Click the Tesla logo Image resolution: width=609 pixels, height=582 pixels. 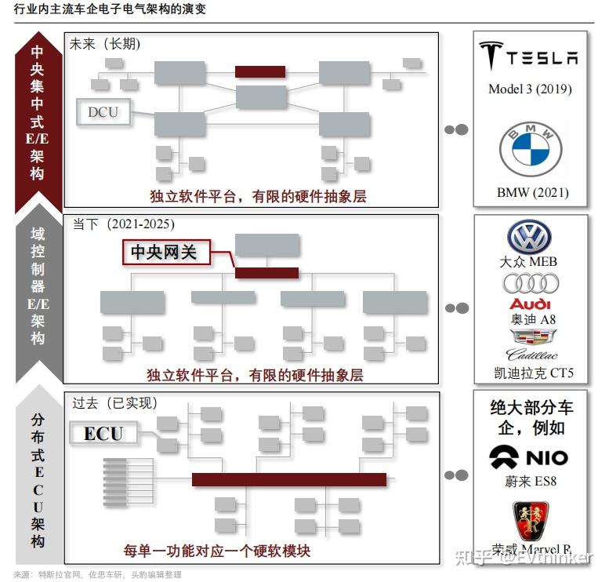pos(529,57)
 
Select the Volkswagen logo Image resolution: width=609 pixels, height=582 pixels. pos(529,237)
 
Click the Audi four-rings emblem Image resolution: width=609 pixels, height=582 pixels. pos(531,282)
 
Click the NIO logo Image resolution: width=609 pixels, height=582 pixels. pos(529,457)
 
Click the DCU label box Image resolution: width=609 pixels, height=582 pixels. pos(103,112)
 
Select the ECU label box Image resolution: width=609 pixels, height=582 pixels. pos(103,433)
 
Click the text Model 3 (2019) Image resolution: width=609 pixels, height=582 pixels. pos(530,89)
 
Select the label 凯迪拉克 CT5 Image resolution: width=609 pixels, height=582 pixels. pos(530,372)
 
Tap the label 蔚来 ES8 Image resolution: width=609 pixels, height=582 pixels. pos(530,481)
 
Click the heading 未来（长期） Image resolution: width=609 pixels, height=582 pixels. pos(106,44)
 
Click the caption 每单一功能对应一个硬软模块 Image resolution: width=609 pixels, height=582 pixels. pos(216,551)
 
